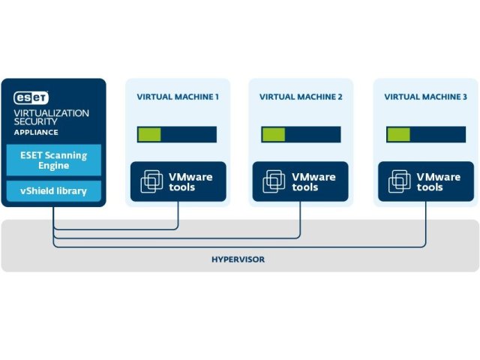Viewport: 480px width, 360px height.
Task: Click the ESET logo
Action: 32,97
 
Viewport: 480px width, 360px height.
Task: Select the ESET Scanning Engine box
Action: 53,160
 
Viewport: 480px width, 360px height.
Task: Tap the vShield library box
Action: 53,191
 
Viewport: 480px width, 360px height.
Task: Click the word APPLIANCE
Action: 37,132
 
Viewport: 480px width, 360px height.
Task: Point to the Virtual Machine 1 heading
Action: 178,97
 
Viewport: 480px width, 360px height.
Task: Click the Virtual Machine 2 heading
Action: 301,97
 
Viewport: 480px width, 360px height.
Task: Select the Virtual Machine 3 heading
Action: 425,97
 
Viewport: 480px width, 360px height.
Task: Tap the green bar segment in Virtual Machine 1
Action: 148,134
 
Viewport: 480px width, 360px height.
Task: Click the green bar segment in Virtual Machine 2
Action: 273,134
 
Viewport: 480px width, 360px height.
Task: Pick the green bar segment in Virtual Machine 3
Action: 398,134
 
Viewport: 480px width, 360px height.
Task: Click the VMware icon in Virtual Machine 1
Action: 151,181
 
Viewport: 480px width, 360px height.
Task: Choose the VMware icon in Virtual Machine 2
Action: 274,181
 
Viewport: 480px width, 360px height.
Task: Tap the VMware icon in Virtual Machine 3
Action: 400,181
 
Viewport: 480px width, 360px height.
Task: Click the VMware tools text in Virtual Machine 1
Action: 190,182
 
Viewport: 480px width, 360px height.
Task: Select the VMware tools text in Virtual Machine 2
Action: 313,182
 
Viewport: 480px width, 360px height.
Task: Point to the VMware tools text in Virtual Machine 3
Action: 438,182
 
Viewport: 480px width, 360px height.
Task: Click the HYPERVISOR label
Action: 239,259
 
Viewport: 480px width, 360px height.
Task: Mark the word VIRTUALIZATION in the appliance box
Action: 52,112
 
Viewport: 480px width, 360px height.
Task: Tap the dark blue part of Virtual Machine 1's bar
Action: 188,134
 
